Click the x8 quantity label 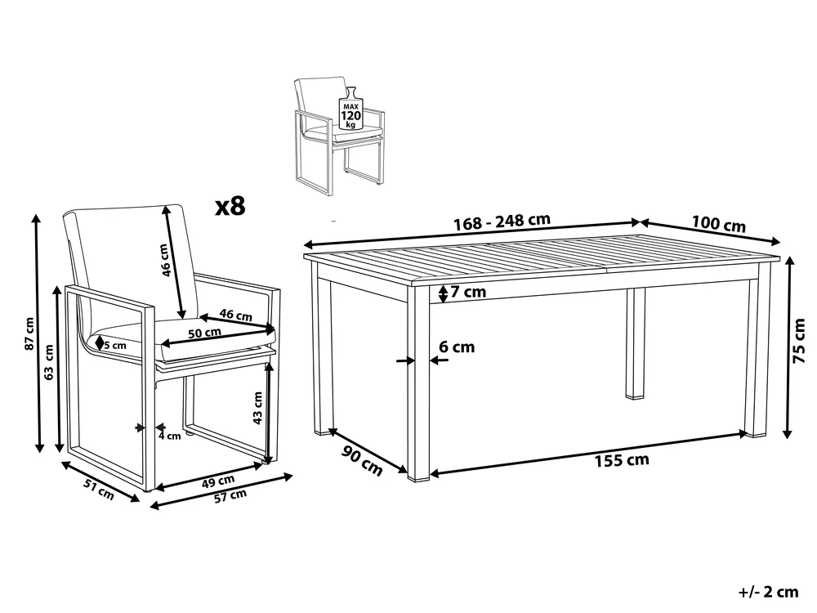point(230,207)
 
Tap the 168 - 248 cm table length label point(502,221)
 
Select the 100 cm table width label point(718,224)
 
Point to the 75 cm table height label point(798,341)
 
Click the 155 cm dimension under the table point(622,460)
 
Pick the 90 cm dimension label point(362,460)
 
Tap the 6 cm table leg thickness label point(457,347)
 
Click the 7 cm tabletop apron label point(468,292)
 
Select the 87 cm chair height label point(29,333)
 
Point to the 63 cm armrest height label point(48,362)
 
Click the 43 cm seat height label point(257,408)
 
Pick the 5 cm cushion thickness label point(114,345)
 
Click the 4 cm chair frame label point(170,436)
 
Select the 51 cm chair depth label point(99,489)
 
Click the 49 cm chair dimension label point(218,481)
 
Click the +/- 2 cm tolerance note point(768,592)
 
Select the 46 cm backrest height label point(165,260)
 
